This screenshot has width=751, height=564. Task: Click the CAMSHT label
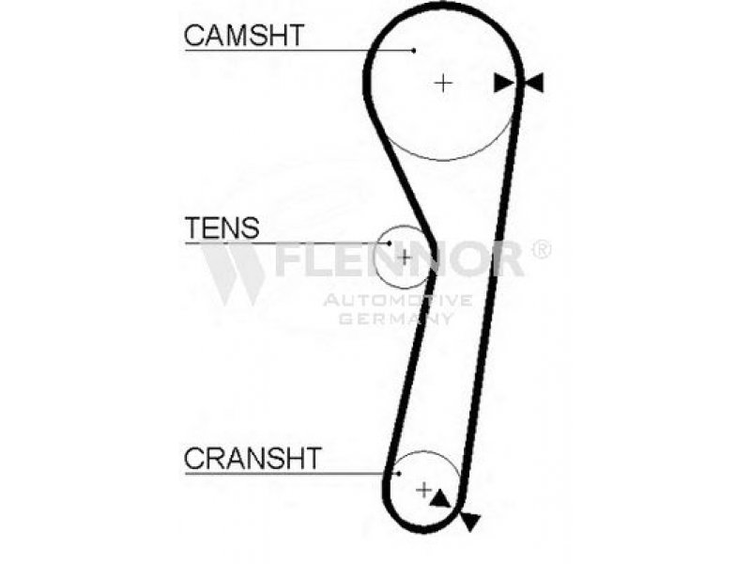point(244,35)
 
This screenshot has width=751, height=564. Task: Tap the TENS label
point(222,227)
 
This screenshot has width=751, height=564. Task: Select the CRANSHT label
point(253,458)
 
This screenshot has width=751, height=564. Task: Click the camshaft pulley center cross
point(443,84)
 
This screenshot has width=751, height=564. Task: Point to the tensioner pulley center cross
point(405,258)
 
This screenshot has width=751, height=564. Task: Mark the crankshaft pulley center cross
point(424,490)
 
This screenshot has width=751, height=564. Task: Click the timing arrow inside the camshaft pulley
point(504,83)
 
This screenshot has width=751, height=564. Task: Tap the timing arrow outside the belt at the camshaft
point(534,83)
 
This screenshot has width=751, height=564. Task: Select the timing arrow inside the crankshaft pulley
point(439,499)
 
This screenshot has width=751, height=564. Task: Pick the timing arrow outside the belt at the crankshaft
point(470,522)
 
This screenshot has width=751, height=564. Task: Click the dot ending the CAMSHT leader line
point(414,50)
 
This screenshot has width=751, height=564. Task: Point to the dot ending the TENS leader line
point(390,243)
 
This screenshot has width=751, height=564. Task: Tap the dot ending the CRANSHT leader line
point(399,474)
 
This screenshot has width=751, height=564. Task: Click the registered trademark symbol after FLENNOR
point(542,249)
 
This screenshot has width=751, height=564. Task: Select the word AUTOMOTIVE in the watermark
point(398,301)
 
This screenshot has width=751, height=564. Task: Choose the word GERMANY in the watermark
point(395,318)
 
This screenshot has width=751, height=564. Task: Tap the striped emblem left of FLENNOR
point(233,274)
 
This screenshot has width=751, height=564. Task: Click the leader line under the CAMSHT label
point(299,50)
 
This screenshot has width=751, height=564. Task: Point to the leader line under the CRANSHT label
point(292,474)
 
